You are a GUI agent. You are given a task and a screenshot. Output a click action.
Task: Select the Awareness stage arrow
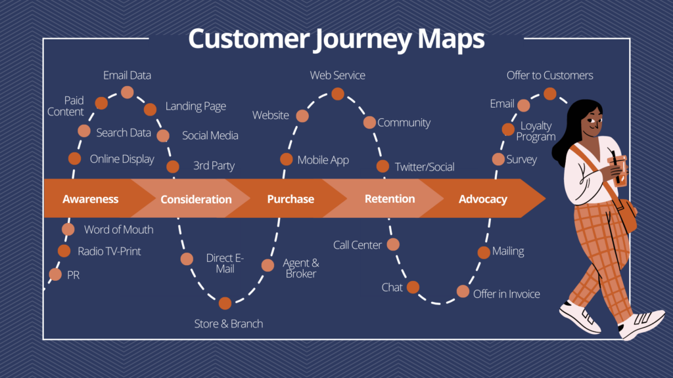pyautogui.click(x=90, y=199)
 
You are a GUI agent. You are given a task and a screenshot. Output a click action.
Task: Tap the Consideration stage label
pyautogui.click(x=196, y=199)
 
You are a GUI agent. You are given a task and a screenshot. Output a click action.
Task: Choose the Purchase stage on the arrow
pyautogui.click(x=290, y=199)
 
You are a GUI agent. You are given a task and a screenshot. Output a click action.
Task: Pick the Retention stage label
pyautogui.click(x=390, y=199)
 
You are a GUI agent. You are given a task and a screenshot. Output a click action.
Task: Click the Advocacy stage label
pyautogui.click(x=482, y=199)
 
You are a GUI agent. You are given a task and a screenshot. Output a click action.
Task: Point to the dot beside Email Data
pyautogui.click(x=126, y=92)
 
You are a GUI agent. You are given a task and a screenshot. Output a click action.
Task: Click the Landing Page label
pyautogui.click(x=195, y=106)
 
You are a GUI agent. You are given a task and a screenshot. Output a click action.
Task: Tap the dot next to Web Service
pyautogui.click(x=337, y=94)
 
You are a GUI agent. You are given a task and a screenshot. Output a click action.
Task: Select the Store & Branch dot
pyautogui.click(x=225, y=303)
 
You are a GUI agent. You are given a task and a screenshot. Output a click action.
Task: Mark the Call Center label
pyautogui.click(x=357, y=245)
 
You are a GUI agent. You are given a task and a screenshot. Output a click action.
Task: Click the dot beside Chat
pyautogui.click(x=413, y=287)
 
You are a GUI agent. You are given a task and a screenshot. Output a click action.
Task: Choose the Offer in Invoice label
pyautogui.click(x=506, y=294)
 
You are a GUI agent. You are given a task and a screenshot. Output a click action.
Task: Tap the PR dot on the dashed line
pyautogui.click(x=55, y=275)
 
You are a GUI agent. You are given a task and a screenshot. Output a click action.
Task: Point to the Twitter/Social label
pyautogui.click(x=425, y=167)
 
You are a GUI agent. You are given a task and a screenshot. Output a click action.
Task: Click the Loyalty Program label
pyautogui.click(x=536, y=131)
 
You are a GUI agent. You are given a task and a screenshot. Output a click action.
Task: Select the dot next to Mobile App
pyautogui.click(x=287, y=159)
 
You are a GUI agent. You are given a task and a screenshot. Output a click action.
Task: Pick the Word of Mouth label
pyautogui.click(x=118, y=230)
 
